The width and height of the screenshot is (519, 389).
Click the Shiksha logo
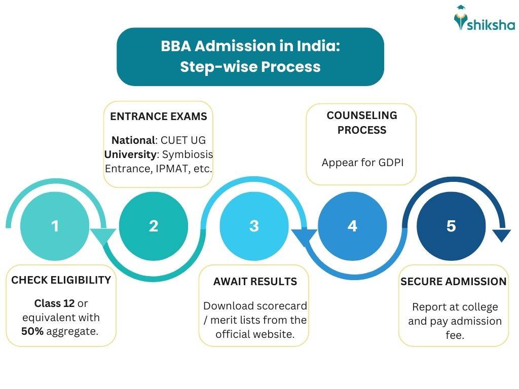484,20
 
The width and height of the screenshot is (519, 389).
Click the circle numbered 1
55,226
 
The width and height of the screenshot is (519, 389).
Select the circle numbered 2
154,226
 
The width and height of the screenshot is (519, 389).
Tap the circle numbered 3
254,226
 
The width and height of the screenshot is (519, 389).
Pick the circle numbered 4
352,226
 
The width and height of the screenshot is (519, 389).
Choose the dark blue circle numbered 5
451,226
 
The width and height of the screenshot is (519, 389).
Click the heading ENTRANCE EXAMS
158,116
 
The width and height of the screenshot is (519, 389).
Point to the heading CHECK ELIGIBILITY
61,280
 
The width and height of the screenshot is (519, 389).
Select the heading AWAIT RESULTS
255,282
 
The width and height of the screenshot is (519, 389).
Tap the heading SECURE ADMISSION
453,282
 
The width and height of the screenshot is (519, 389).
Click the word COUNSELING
361,115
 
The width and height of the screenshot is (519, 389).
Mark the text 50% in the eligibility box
32,332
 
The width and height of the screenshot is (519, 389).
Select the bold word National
133,140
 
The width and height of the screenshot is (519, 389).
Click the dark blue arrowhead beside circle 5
501,236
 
